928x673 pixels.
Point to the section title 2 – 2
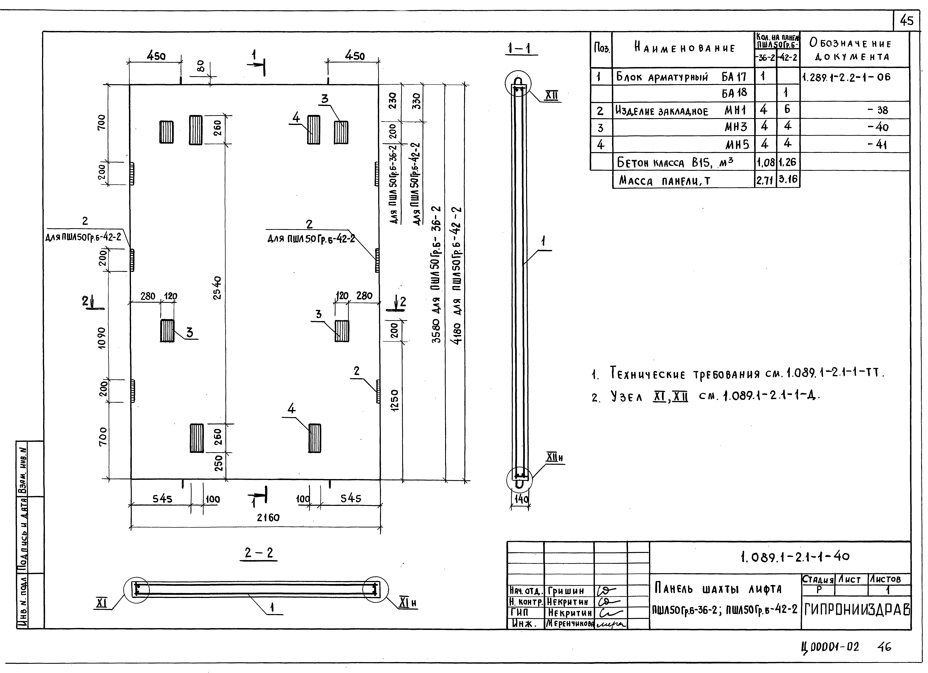point(259,553)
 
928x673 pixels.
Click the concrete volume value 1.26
point(787,162)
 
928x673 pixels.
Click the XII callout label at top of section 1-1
point(552,96)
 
